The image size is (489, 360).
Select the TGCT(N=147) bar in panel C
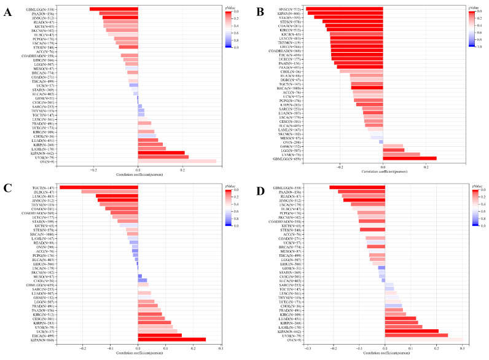[98, 186]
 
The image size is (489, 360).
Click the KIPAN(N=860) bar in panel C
[171, 339]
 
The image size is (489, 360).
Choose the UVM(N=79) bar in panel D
[414, 335]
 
